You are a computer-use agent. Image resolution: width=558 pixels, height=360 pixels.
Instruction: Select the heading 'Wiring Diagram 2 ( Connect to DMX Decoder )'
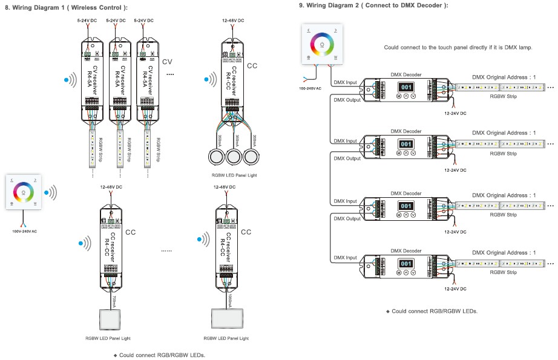click(x=373, y=5)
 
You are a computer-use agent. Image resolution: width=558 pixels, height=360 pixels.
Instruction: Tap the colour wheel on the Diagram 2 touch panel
click(x=323, y=44)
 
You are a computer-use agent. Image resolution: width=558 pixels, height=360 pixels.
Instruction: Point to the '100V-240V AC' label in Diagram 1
click(x=25, y=231)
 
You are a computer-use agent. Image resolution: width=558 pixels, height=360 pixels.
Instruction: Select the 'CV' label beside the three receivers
click(x=168, y=62)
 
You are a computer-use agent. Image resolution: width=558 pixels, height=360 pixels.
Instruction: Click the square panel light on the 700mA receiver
click(x=111, y=317)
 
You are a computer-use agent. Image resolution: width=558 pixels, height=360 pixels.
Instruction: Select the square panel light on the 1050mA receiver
click(x=226, y=317)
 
